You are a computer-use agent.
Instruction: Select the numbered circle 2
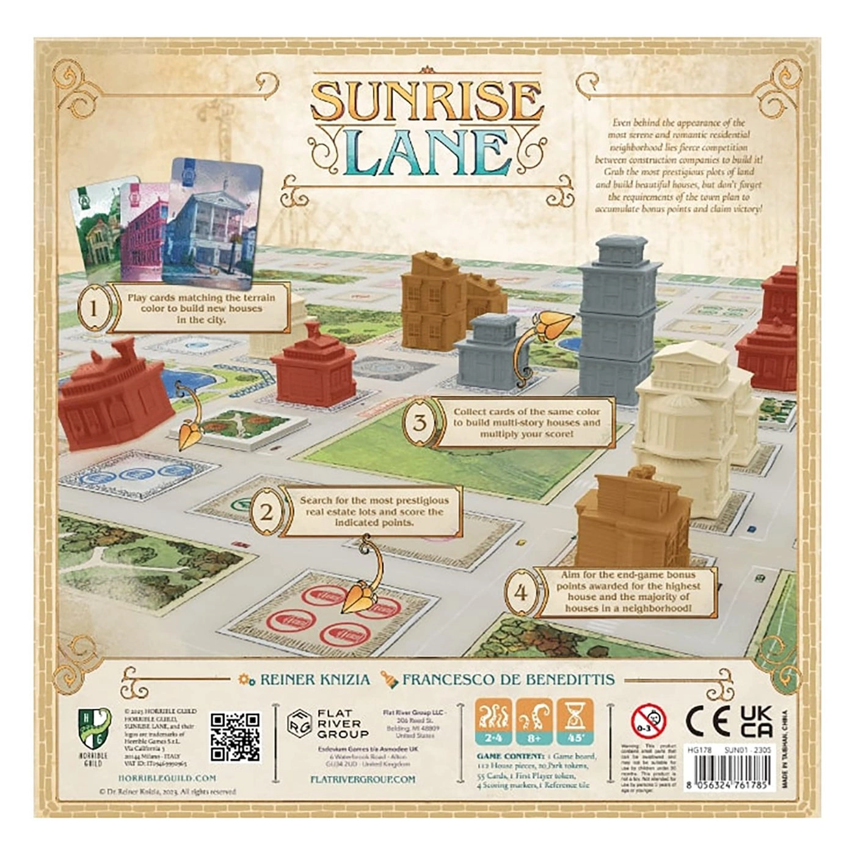coord(267,512)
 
